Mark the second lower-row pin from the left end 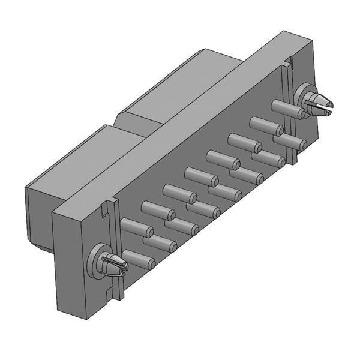pyautogui.click(x=161, y=244)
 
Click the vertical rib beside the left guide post pyautogui.click(x=118, y=252)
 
